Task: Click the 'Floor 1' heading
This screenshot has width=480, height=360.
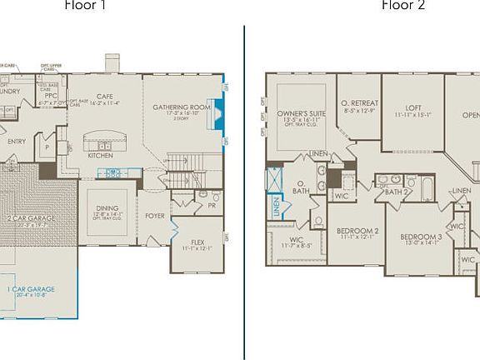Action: pyautogui.click(x=87, y=6)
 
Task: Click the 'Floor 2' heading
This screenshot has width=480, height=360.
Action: pyautogui.click(x=402, y=6)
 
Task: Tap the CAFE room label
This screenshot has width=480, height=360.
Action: pyautogui.click(x=105, y=97)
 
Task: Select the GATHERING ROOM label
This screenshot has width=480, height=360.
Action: pyautogui.click(x=179, y=107)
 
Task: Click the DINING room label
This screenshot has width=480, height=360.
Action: pyautogui.click(x=107, y=208)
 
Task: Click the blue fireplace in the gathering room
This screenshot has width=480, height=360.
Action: pyautogui.click(x=218, y=111)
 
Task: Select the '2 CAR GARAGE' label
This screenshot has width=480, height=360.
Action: pyautogui.click(x=31, y=218)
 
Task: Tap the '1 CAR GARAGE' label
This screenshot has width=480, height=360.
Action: pyautogui.click(x=32, y=289)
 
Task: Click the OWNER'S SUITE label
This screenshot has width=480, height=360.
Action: pyautogui.click(x=301, y=112)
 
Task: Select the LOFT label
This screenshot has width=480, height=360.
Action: pyautogui.click(x=413, y=107)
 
